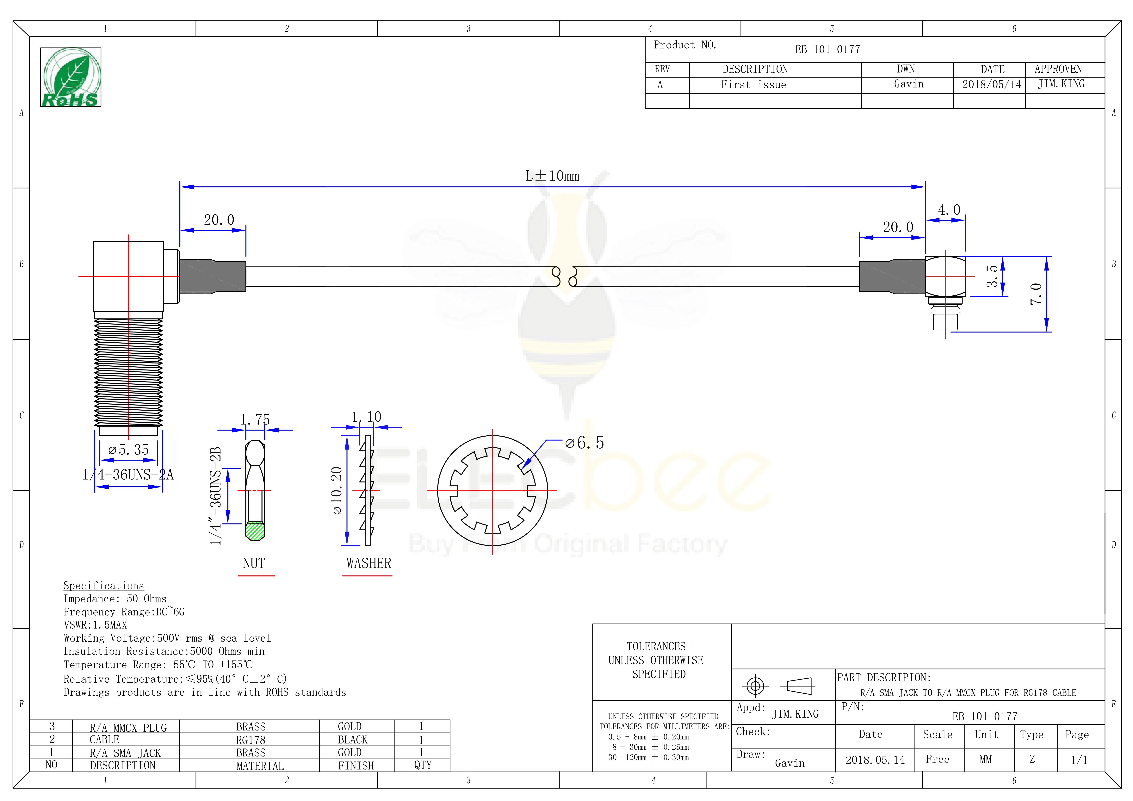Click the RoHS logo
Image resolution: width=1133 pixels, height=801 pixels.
(x=71, y=78)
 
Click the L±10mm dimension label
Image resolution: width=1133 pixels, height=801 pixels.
(x=552, y=176)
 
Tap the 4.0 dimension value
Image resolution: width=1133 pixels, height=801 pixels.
(x=949, y=210)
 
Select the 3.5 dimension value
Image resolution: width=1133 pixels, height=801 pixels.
(x=992, y=276)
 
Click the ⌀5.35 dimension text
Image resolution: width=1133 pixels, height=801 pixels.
(x=128, y=450)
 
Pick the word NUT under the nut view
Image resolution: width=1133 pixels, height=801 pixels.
(x=254, y=563)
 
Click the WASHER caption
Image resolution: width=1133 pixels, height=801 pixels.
(x=369, y=563)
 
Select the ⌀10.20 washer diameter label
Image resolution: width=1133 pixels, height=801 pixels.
(x=337, y=491)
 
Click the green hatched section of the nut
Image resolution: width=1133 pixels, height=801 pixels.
(x=255, y=531)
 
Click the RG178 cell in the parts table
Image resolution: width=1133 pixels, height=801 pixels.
(x=251, y=740)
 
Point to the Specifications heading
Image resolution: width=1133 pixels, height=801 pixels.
(x=104, y=586)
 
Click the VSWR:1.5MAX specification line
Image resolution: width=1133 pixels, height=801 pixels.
(x=95, y=625)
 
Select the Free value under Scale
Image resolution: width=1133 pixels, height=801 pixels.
(x=937, y=760)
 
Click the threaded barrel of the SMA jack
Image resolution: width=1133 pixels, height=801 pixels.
(x=128, y=373)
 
